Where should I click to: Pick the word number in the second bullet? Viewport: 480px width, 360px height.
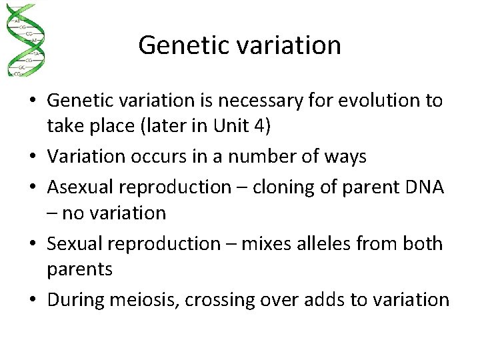point(261,157)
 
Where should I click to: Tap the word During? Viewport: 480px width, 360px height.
point(75,301)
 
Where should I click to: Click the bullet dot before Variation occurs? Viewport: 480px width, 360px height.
point(32,157)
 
